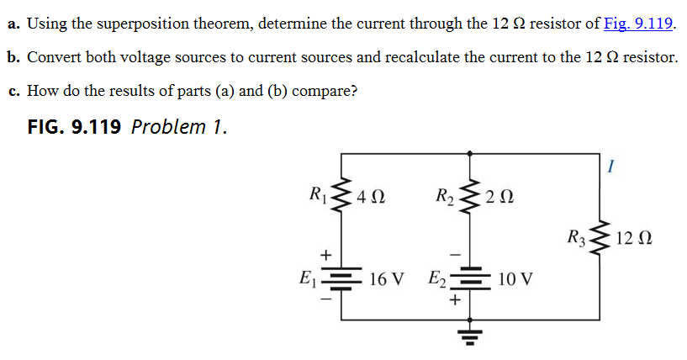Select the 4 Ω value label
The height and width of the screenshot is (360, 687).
(371, 200)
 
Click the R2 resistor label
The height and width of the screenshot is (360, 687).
(445, 200)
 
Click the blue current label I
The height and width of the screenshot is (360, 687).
(608, 167)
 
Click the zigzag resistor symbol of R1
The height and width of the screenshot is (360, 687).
(341, 199)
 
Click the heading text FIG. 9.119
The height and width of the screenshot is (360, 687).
(75, 127)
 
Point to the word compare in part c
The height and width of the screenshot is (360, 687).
(325, 91)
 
